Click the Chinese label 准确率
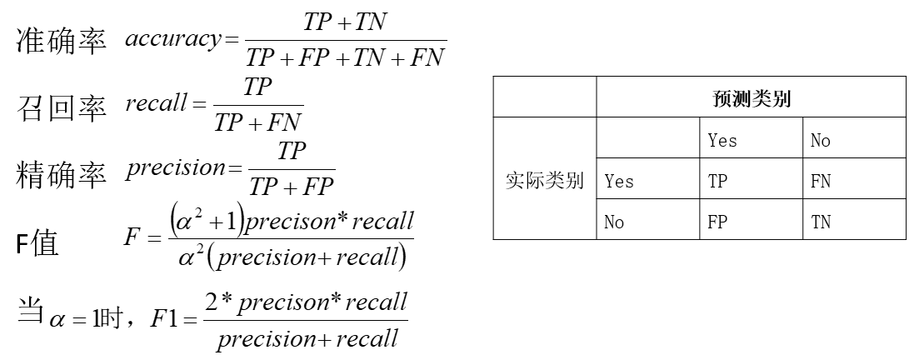coord(62,43)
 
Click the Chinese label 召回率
coord(62,107)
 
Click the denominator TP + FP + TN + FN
coord(347,59)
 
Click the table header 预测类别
coord(751,97)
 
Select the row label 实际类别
coord(544,179)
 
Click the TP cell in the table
coord(718,181)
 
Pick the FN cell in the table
coord(821,181)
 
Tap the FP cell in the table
coord(718,222)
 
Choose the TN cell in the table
coord(821,222)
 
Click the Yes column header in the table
coord(722,140)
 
